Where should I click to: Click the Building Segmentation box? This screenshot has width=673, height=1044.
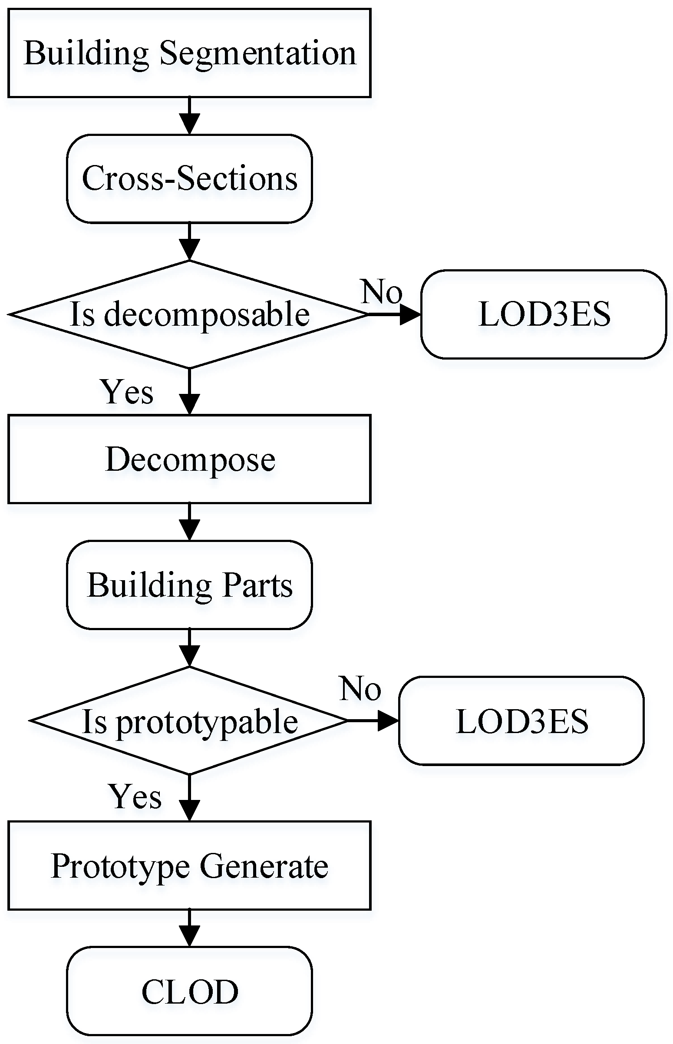pos(189,53)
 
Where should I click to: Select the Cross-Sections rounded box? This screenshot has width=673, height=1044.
pos(189,179)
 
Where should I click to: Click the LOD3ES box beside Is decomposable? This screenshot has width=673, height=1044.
pos(544,314)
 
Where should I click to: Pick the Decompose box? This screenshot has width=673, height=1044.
pos(189,459)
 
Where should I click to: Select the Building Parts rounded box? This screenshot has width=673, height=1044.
pos(189,585)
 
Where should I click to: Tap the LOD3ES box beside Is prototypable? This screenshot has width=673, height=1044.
pos(521,720)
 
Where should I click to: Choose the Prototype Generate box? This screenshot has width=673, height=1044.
pos(189,865)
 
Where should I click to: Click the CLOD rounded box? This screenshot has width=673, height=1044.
pos(189,991)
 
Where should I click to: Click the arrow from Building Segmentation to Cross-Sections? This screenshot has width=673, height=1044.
pos(189,116)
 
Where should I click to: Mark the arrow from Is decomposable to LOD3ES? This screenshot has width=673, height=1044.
pos(394,314)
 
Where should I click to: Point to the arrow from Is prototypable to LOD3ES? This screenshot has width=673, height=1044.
pos(373,720)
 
